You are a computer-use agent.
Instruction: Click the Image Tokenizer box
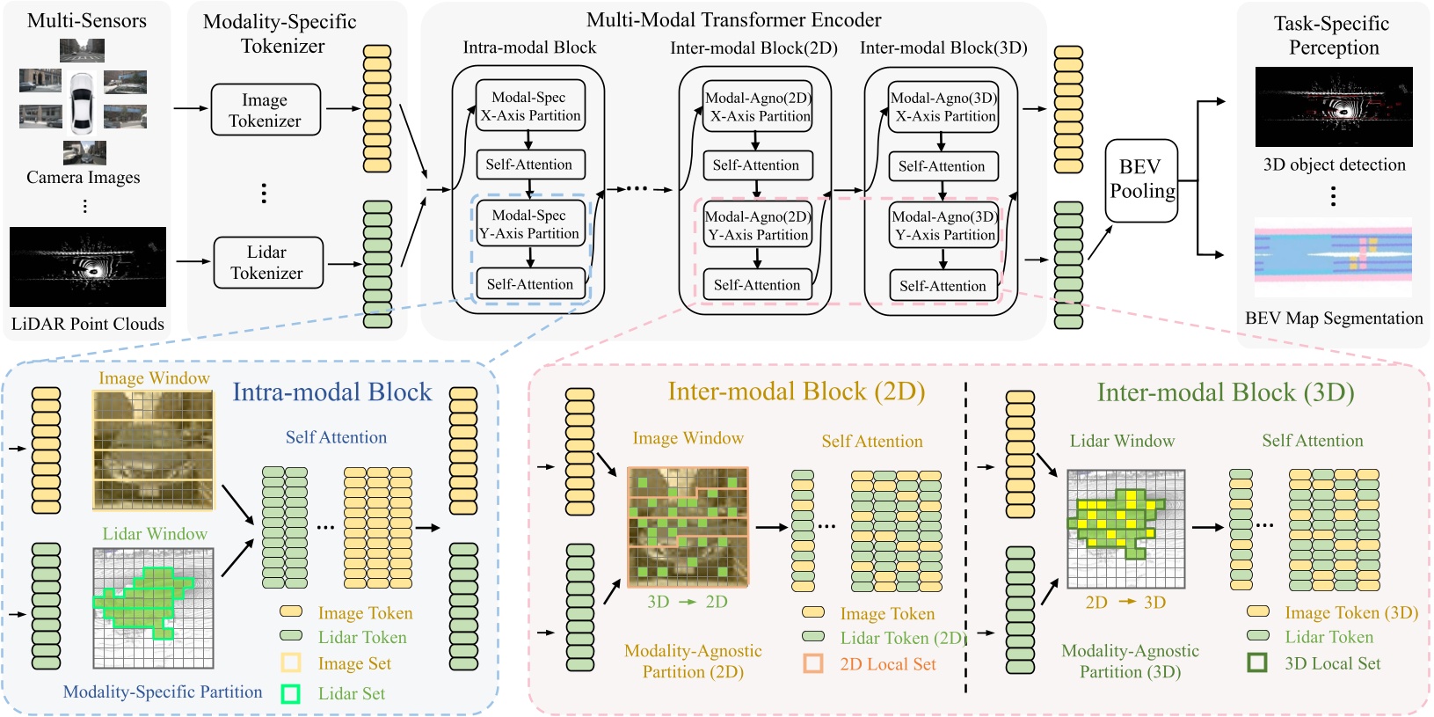coord(266,110)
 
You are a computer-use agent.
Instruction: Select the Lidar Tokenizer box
coord(268,262)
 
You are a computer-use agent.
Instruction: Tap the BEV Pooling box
coord(1141,179)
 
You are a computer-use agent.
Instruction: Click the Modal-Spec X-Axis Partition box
coord(530,106)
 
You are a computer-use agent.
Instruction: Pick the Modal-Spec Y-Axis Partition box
coord(530,224)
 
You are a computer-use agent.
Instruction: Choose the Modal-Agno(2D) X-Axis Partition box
coord(758,107)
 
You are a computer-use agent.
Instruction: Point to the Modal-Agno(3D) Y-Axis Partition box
coord(943,226)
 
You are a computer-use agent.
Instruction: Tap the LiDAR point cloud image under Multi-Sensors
coord(88,267)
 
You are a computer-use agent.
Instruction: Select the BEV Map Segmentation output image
coord(1333,257)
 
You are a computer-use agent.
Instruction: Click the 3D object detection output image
coord(1334,106)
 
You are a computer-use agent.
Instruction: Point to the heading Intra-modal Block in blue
coord(332,392)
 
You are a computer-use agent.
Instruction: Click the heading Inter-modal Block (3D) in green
coord(1225,392)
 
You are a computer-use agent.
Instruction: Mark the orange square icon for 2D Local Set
coord(813,663)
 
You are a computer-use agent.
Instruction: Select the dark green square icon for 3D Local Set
coord(1257,662)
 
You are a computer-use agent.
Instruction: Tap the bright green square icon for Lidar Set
coord(290,693)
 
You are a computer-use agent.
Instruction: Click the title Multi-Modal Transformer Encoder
coord(733,20)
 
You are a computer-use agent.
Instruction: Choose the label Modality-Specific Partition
coord(163,692)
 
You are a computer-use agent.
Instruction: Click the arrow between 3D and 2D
coord(688,602)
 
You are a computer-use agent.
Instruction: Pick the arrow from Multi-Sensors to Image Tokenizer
coord(191,108)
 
